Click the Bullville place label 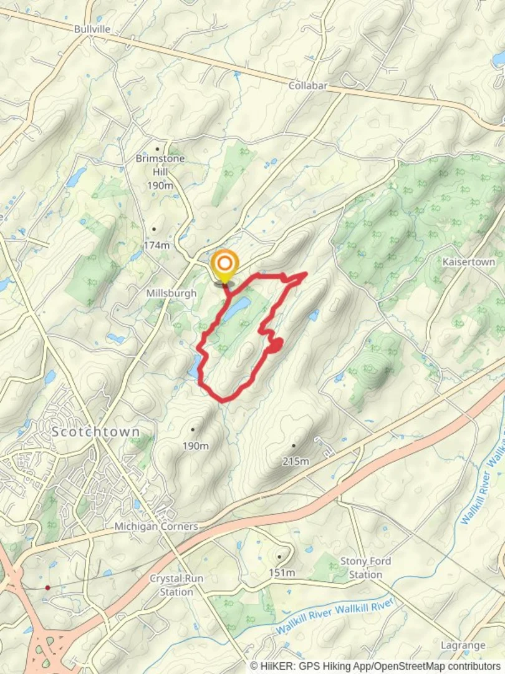92,29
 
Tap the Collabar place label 308,85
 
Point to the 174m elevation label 156,245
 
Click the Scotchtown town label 96,432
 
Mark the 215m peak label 296,461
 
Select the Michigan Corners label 156,527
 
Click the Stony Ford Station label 365,567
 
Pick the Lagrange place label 463,645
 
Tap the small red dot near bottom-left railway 48,587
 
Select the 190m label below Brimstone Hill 160,185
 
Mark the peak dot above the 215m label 293,446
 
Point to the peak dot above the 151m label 280,557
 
